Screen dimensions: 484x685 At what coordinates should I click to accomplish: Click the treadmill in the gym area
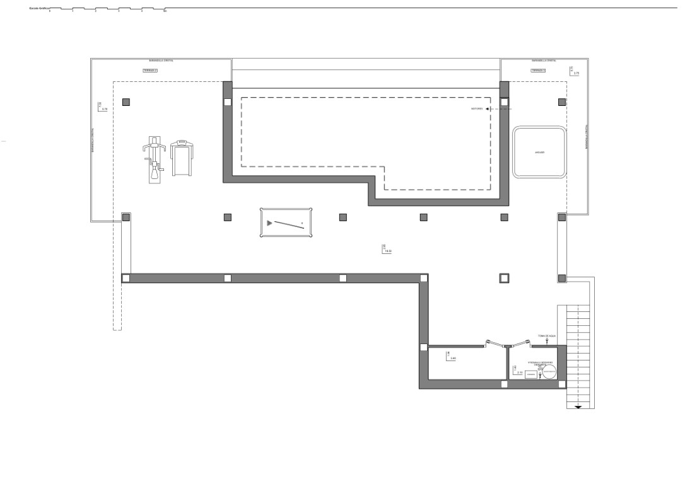(x=182, y=158)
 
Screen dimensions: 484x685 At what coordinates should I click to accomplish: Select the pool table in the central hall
(x=286, y=223)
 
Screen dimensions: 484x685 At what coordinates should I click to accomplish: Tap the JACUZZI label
(x=539, y=153)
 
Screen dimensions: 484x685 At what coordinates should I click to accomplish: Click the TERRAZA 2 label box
(x=150, y=71)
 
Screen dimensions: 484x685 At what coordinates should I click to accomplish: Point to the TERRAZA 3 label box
(x=538, y=71)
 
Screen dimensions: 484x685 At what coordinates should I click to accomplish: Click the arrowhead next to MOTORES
(x=488, y=109)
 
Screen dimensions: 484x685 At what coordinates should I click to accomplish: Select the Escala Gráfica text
(x=39, y=9)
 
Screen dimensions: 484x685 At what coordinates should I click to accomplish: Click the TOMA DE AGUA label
(x=546, y=336)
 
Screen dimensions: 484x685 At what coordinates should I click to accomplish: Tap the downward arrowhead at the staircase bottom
(x=578, y=407)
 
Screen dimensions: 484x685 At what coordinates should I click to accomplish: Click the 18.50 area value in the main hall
(x=387, y=251)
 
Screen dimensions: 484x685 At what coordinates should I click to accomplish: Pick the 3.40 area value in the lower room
(x=453, y=359)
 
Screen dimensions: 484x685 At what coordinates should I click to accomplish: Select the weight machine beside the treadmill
(x=155, y=161)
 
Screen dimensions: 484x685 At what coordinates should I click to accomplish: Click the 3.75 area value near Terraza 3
(x=576, y=74)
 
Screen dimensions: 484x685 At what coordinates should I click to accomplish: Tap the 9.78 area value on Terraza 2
(x=104, y=109)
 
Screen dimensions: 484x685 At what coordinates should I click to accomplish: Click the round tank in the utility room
(x=549, y=372)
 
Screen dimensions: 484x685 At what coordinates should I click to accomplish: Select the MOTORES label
(x=477, y=109)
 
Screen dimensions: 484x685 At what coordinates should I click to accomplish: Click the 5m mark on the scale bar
(x=165, y=11)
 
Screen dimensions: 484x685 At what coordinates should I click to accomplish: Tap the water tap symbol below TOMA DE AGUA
(x=546, y=341)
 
